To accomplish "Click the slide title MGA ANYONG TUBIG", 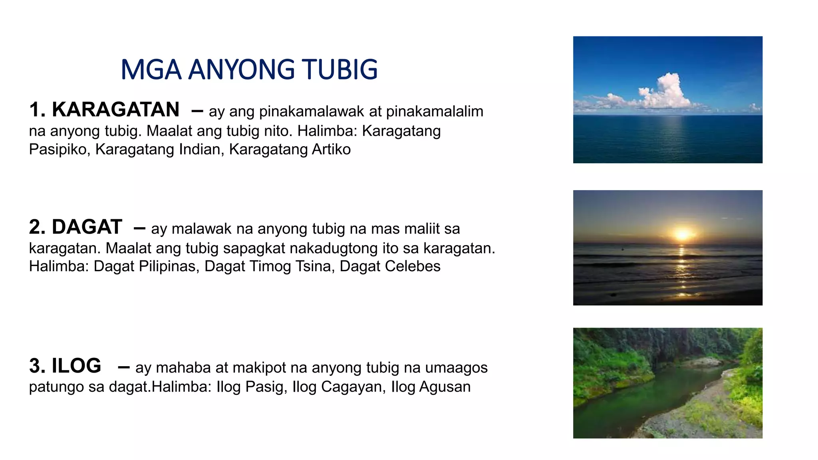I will [249, 69].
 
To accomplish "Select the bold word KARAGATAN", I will [115, 109].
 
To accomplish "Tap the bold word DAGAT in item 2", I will [87, 227].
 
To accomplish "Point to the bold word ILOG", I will [76, 366].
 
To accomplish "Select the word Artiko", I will [331, 149].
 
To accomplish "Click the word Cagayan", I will [353, 387].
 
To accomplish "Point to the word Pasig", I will [266, 387].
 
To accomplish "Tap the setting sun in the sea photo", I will [682, 234].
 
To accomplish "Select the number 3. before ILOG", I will [37, 366].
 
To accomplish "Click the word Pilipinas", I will [169, 266].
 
